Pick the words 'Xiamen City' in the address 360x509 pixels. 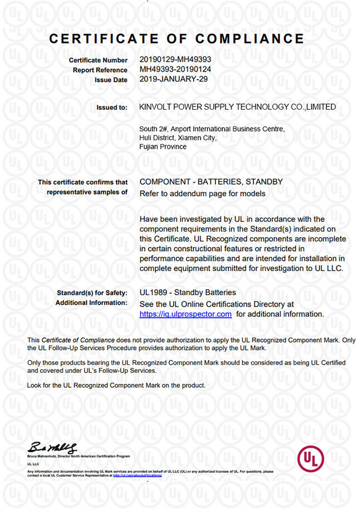198,137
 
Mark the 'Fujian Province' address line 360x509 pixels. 163,146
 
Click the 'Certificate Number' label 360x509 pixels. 98,60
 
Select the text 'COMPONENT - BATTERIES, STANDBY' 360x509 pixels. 211,182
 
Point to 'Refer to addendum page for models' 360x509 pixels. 202,194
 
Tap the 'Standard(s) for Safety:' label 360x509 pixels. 92,293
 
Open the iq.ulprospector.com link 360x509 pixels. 186,314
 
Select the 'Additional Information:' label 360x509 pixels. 91,303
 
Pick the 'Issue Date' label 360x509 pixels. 111,80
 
